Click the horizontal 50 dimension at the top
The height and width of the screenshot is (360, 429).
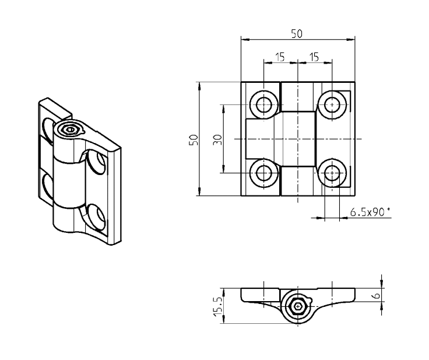[x=297, y=34]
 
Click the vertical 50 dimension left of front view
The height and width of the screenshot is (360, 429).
[x=194, y=139]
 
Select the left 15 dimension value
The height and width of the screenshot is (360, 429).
[x=280, y=56]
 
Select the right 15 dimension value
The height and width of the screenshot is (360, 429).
[x=314, y=56]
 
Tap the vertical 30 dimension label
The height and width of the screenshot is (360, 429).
[x=217, y=139]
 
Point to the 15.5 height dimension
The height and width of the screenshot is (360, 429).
[x=217, y=305]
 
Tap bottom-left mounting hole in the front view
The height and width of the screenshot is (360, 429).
[x=263, y=173]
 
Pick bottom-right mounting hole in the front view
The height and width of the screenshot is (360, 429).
[x=332, y=173]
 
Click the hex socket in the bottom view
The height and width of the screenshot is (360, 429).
[x=298, y=306]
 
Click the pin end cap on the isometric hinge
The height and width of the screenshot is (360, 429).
[x=71, y=130]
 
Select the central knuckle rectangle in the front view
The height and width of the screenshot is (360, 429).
[x=298, y=139]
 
